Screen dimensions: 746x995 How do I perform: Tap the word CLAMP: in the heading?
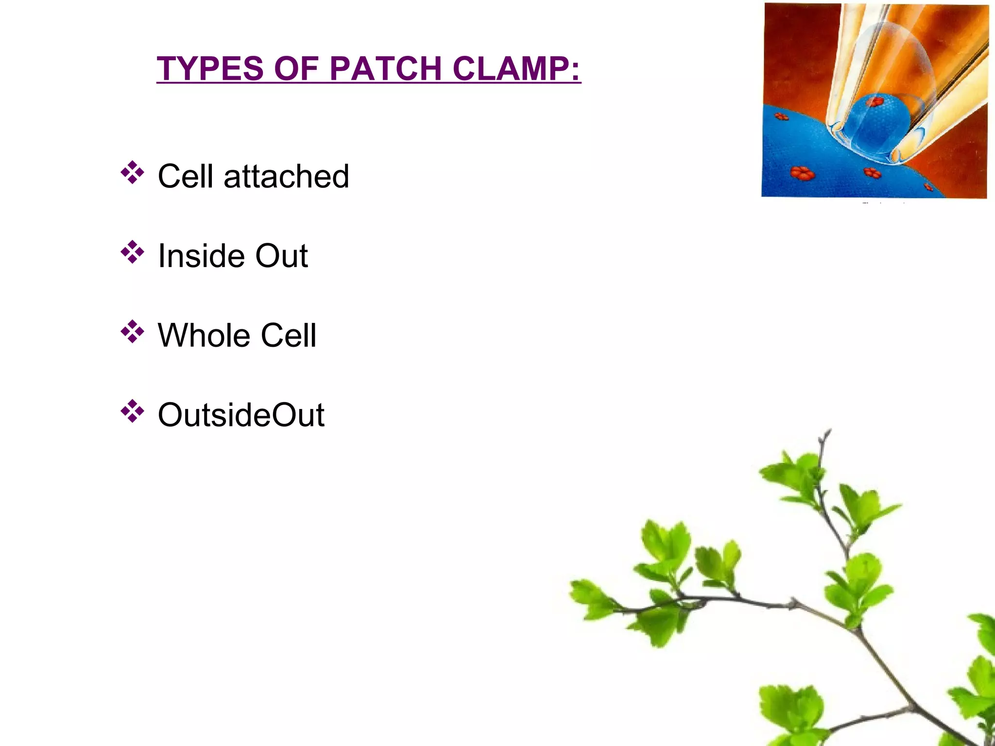coord(516,68)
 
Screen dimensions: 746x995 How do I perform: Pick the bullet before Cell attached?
coord(132,172)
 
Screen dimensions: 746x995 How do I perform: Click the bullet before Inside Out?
coord(132,252)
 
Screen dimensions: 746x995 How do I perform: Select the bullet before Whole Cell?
coord(132,332)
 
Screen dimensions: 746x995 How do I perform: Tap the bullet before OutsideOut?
coord(132,411)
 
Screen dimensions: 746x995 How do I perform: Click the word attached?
coord(286,176)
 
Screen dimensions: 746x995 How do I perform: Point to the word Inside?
coord(200,256)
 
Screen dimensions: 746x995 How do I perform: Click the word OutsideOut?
coord(241,415)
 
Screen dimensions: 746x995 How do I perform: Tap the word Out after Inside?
coord(282,256)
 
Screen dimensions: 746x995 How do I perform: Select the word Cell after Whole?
coord(289,336)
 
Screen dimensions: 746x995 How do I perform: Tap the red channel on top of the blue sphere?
coord(875,102)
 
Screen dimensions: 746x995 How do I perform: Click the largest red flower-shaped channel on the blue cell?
coord(802,173)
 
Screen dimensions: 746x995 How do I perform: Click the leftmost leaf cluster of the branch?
coord(590,597)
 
